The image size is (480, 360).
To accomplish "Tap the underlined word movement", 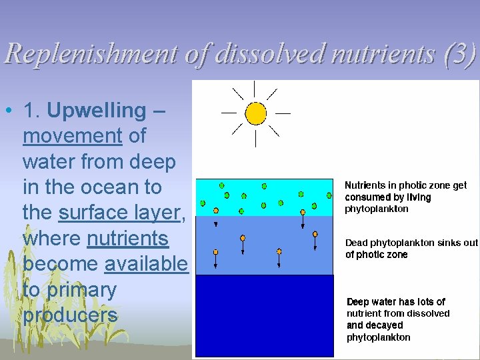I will click(x=73, y=136).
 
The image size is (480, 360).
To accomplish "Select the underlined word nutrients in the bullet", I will click(x=127, y=238).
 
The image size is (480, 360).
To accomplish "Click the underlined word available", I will click(x=147, y=264).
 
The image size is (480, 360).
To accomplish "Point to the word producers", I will click(x=70, y=315).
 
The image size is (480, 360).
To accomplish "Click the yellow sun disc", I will click(x=255, y=113).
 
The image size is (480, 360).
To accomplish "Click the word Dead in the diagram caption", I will click(x=357, y=243).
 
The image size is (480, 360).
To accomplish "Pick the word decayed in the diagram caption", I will click(x=384, y=325).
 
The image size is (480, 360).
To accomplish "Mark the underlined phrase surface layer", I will click(x=119, y=213).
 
